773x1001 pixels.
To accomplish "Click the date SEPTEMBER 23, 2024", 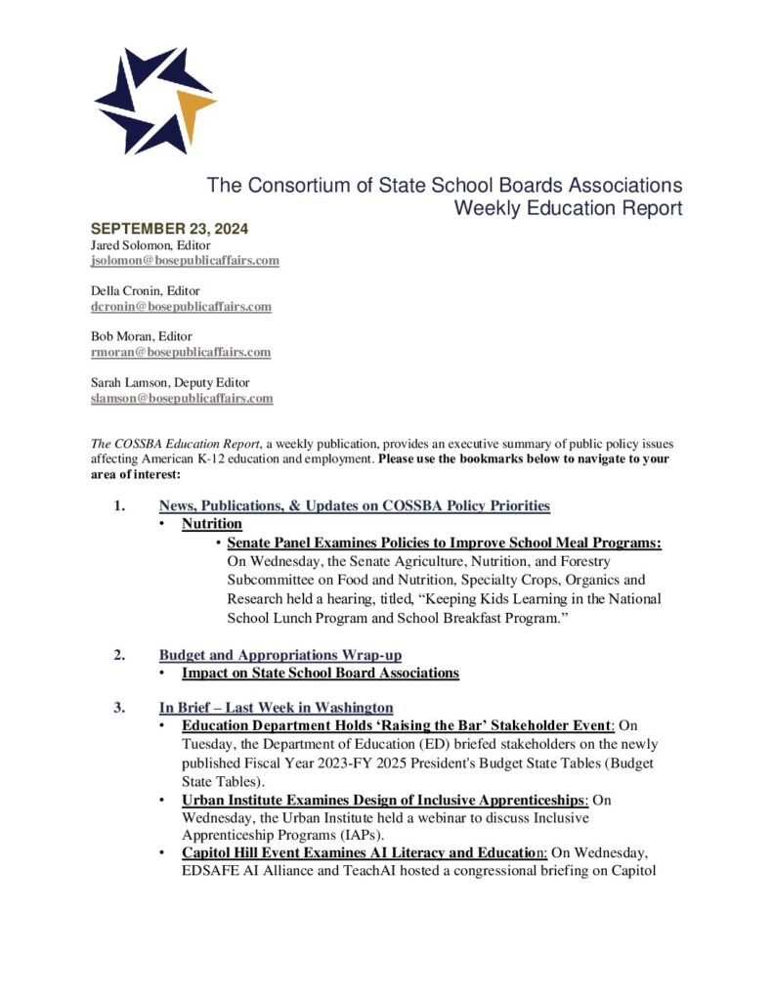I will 169,229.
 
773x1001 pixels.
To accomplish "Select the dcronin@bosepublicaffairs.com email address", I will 181,306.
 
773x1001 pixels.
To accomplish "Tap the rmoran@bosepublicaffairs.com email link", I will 181,352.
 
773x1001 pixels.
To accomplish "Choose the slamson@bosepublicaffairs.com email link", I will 182,398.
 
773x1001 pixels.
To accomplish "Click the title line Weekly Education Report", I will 568,208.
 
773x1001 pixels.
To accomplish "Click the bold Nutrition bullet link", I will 211,524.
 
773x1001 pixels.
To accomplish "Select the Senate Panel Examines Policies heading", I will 444,543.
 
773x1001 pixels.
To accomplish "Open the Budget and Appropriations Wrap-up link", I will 280,655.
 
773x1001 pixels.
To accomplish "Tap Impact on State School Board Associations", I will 320,673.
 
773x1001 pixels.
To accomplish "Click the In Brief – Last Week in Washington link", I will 276,707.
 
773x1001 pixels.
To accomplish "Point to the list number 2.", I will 118,655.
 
